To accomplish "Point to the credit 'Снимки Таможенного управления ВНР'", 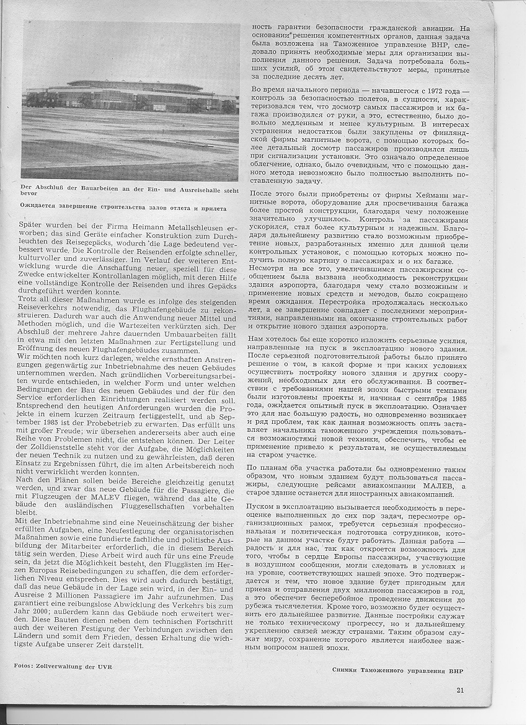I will coord(397,669).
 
